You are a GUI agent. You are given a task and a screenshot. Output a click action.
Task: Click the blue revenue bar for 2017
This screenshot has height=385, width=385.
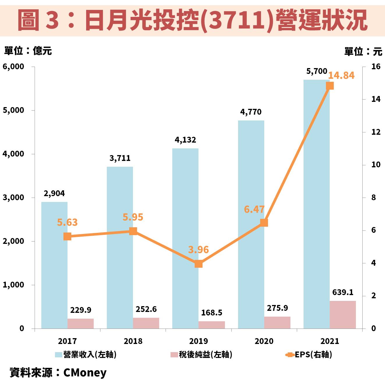[x=54, y=276]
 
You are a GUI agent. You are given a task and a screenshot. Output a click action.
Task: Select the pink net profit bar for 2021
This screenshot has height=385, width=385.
[x=343, y=315]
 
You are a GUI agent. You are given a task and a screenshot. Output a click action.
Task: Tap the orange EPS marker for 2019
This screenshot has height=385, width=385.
[x=198, y=264]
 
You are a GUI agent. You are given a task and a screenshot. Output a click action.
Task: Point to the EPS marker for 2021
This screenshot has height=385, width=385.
[x=330, y=86]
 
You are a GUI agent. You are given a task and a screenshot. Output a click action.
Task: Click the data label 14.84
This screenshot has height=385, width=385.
[x=341, y=75]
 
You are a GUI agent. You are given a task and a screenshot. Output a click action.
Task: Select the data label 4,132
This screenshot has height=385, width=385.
[x=185, y=140]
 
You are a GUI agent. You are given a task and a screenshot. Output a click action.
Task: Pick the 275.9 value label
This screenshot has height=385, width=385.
[x=277, y=308]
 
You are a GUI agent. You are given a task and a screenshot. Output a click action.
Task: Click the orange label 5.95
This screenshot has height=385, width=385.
[x=133, y=217]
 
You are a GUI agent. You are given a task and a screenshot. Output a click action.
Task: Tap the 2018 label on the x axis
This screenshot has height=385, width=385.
[x=133, y=341]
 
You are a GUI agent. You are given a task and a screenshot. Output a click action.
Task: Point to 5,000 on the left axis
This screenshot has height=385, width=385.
[x=13, y=110]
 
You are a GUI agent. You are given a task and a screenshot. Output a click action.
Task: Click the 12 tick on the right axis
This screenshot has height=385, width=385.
[x=376, y=132]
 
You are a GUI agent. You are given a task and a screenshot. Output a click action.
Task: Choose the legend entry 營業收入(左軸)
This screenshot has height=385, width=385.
[x=86, y=354]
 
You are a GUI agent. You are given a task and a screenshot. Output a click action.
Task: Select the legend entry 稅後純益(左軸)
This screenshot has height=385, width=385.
[x=202, y=354]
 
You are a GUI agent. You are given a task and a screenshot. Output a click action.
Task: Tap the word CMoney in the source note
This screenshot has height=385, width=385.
[x=85, y=372]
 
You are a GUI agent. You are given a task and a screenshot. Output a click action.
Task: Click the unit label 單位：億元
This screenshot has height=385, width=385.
[x=28, y=51]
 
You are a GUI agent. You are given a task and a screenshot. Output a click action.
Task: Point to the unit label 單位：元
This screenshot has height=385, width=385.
[x=363, y=52]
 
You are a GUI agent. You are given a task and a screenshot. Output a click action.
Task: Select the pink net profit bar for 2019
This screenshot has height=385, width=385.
[x=212, y=325]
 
